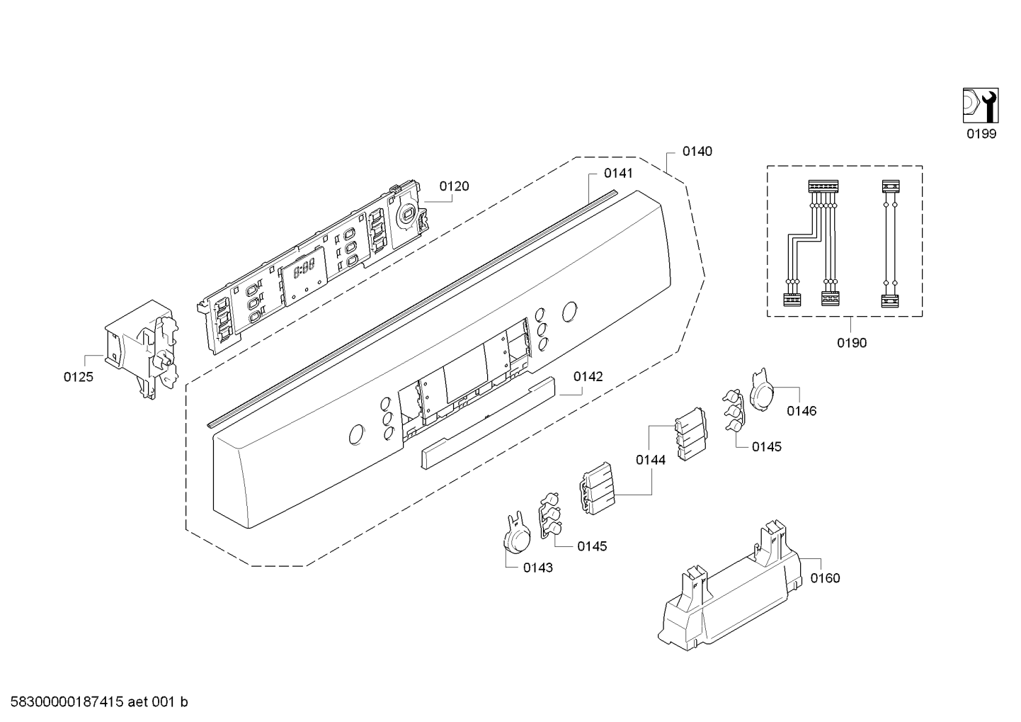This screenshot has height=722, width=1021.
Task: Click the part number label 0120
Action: click(454, 186)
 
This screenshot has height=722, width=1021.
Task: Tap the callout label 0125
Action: click(78, 377)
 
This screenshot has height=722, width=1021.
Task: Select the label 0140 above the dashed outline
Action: click(697, 151)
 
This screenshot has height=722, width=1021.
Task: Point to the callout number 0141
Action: click(618, 173)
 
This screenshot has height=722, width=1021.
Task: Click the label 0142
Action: click(588, 376)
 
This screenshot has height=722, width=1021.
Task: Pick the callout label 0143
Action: click(538, 567)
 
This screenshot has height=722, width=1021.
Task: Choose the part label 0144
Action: click(650, 460)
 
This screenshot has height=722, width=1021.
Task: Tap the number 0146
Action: click(802, 410)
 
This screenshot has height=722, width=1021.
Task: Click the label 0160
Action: click(825, 578)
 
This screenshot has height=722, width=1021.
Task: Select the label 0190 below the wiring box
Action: click(851, 343)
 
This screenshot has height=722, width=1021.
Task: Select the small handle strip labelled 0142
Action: click(488, 422)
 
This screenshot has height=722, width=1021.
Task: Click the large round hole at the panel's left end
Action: click(357, 434)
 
